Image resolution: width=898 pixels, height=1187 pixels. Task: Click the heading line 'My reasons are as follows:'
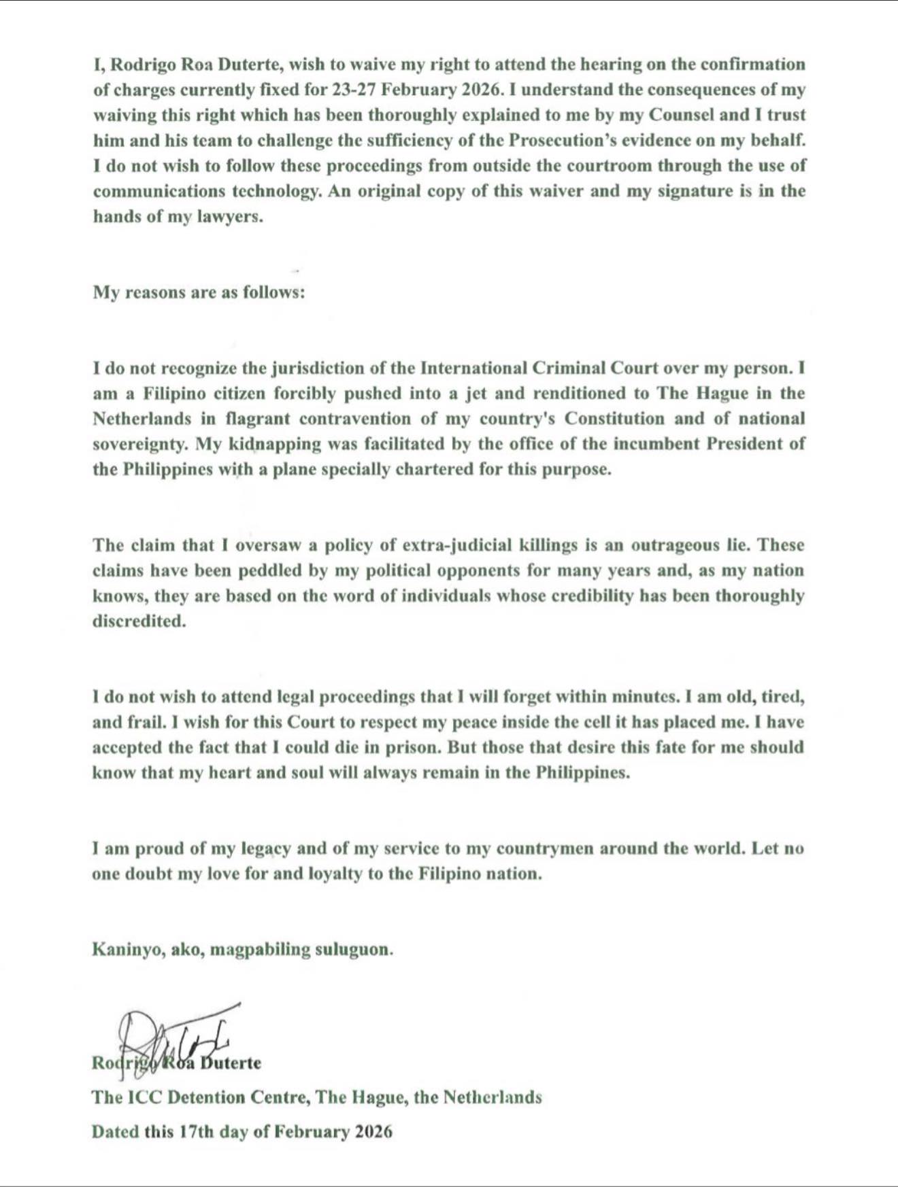(199, 293)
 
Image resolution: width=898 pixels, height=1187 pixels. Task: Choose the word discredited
(139, 621)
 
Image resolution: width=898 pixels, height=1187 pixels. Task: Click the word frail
(143, 722)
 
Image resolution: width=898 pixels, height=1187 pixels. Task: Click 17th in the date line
(197, 1132)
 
